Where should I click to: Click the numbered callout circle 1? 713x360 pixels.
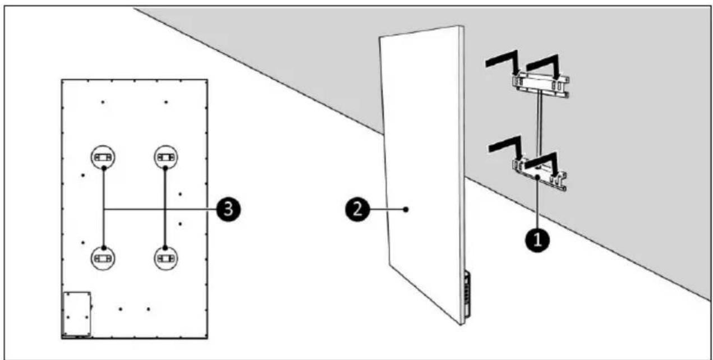tap(536, 239)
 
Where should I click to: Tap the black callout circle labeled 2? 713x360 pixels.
tap(357, 209)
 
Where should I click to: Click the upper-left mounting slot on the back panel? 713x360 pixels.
tap(104, 158)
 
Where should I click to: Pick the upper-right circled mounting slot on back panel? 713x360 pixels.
tap(165, 158)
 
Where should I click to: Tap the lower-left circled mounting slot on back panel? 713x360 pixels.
tap(104, 257)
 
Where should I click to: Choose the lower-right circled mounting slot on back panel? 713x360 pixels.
tap(165, 257)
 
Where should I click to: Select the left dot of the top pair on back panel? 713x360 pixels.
tap(103, 102)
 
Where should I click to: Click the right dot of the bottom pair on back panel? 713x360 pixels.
tap(148, 308)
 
